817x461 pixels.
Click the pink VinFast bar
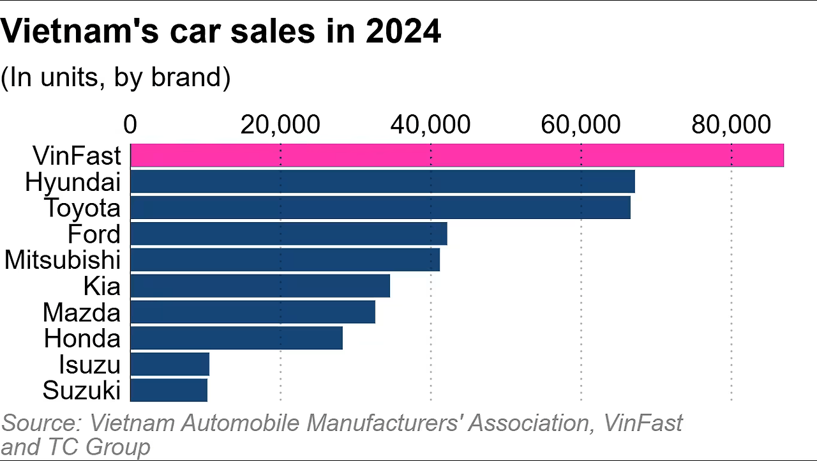pos(456,156)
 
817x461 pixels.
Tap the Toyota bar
pos(380,208)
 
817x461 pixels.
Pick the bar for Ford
pos(289,234)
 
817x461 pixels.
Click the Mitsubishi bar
pos(285,260)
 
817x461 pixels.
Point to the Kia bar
pos(260,286)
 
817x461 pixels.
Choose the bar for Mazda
pos(252,312)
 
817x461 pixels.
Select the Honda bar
pos(236,338)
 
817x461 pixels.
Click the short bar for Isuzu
pos(170,364)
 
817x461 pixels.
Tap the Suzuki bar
pos(169,390)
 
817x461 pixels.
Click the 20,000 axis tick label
pos(280,125)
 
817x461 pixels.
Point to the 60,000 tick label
pos(580,125)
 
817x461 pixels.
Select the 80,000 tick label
pos(731,125)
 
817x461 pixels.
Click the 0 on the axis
pos(130,125)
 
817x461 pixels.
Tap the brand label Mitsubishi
pos(63,261)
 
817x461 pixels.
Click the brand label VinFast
pos(76,156)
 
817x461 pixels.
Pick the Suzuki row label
pos(82,390)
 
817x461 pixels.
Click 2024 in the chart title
pos(403,32)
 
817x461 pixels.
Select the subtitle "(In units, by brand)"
pos(115,77)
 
